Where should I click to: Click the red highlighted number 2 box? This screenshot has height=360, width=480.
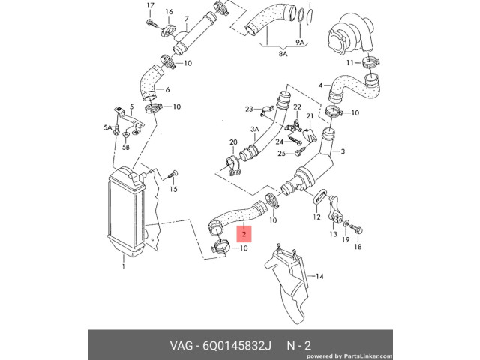[244, 234]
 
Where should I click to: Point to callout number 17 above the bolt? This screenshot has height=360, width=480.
[149, 6]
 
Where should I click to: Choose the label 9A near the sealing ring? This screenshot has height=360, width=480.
[300, 43]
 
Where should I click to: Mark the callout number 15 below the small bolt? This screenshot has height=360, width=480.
[173, 190]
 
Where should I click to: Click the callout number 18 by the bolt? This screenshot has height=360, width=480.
[358, 246]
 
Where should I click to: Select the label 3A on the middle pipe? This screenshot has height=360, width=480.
[254, 129]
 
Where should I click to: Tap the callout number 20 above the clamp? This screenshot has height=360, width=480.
[233, 142]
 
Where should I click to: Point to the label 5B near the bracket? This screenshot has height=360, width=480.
[126, 148]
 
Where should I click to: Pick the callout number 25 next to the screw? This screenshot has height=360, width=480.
[282, 154]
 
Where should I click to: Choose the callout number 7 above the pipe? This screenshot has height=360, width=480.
[186, 18]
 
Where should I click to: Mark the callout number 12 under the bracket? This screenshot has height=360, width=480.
[316, 217]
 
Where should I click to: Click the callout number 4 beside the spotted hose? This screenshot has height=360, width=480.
[320, 85]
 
